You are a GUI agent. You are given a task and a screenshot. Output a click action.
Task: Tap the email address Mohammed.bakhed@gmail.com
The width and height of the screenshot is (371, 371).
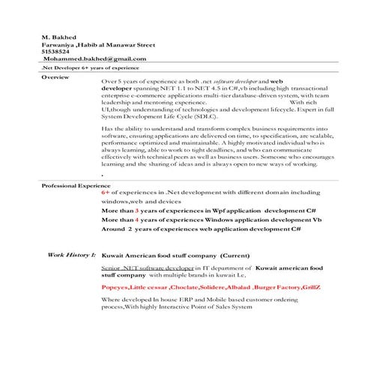pyautogui.click(x=94, y=58)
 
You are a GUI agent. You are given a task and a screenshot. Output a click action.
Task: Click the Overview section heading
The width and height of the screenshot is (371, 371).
pyautogui.click(x=55, y=78)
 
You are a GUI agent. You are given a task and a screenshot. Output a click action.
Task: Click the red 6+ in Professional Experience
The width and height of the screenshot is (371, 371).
pyautogui.click(x=106, y=193)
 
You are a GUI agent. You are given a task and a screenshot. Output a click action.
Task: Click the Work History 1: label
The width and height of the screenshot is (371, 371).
pyautogui.click(x=72, y=256)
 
